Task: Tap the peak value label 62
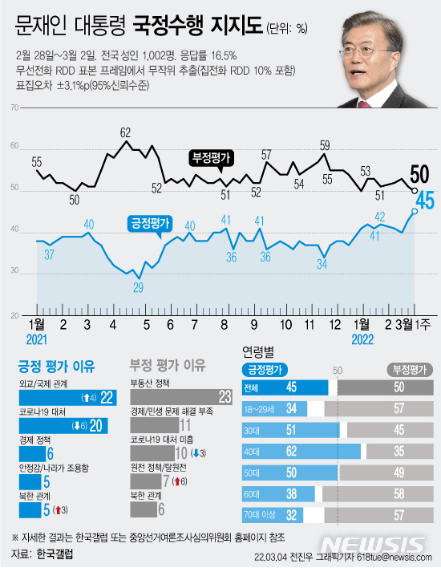(x=125, y=132)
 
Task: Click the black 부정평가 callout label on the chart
(x=210, y=157)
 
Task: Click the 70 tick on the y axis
(x=14, y=106)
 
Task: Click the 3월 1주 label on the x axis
(x=414, y=324)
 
